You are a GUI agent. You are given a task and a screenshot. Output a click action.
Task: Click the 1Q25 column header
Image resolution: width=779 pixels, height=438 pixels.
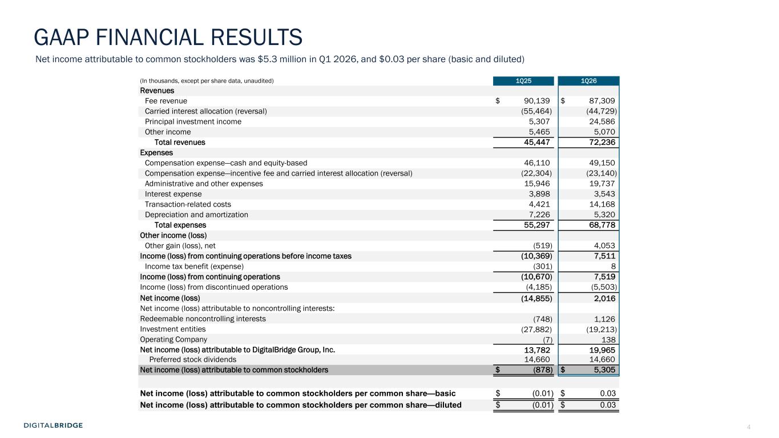(523, 81)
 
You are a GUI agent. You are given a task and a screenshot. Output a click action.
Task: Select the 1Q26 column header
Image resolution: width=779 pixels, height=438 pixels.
(589, 81)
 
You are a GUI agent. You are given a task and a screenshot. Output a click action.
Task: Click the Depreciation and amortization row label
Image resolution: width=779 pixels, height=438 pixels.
(196, 215)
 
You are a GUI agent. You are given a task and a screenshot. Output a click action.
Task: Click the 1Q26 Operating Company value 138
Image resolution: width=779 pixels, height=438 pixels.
(607, 339)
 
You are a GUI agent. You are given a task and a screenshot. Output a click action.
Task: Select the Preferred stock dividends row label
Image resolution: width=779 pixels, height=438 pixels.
(192, 360)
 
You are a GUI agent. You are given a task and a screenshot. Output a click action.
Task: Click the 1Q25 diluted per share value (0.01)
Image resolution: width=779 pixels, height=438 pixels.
(541, 405)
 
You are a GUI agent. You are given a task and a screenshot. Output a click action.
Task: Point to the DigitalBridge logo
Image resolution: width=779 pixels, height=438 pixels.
(53, 425)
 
